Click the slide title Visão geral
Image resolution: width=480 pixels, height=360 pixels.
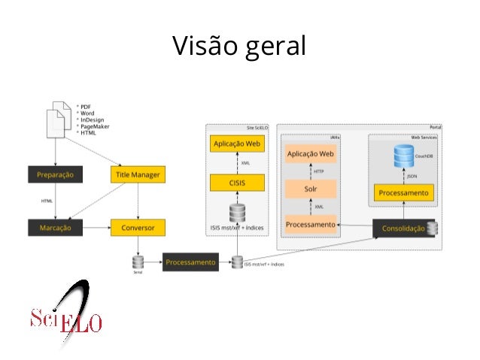coord(239,47)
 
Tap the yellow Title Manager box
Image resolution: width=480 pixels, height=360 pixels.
coord(137,174)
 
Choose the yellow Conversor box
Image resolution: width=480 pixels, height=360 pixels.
coord(137,225)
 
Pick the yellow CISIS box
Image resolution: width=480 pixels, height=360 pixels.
coord(237,182)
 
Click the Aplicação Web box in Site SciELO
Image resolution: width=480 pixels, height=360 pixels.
coord(237,143)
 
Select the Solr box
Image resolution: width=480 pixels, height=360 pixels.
coord(310,189)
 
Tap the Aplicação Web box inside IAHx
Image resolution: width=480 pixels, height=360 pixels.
coord(310,154)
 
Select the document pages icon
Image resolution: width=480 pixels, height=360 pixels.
coord(56,119)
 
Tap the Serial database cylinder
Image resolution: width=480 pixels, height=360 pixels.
coord(138,262)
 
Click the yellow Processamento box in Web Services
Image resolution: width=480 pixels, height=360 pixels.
coord(404,193)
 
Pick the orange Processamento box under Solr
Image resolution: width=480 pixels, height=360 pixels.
coord(310,225)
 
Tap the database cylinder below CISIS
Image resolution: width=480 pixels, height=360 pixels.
coord(237,212)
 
